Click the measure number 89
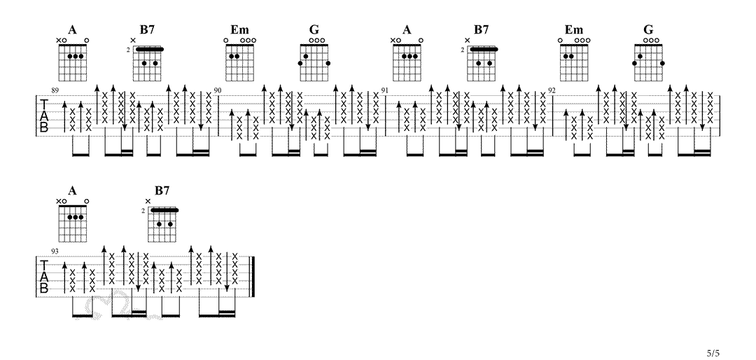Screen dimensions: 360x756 tap(55, 91)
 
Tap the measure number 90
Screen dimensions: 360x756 tap(218, 91)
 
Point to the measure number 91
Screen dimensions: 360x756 tap(385, 91)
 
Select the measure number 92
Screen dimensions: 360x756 tap(552, 91)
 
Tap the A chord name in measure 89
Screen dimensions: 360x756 tap(72, 29)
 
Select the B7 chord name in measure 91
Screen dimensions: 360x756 tap(481, 29)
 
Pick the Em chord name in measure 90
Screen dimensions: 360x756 tap(239, 29)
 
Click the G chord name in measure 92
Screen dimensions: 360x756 tap(648, 29)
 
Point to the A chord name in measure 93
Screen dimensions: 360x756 tap(72, 191)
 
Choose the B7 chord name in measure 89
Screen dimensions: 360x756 tap(147, 29)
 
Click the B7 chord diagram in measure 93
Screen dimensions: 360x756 tap(164, 224)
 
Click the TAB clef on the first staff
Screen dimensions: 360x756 tap(44, 116)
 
